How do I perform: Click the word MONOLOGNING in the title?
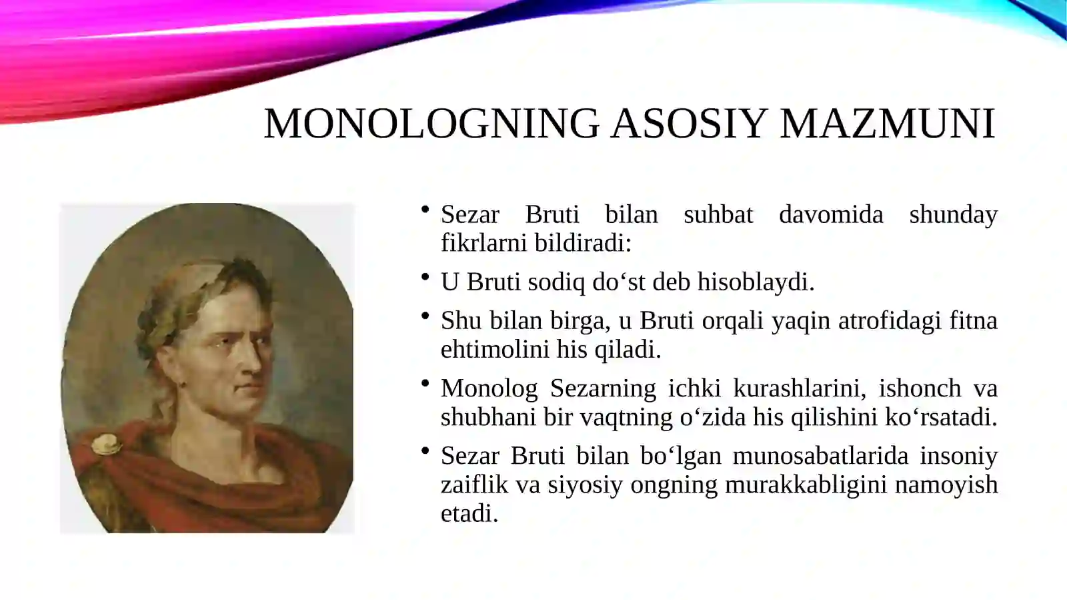pyautogui.click(x=432, y=123)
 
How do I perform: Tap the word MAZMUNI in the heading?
pyautogui.click(x=887, y=123)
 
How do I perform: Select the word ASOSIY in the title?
pyautogui.click(x=689, y=123)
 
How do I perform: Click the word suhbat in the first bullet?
pyautogui.click(x=718, y=215)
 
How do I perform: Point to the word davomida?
pyautogui.click(x=831, y=215)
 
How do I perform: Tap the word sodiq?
pyautogui.click(x=556, y=282)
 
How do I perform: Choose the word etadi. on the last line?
pyautogui.click(x=469, y=513)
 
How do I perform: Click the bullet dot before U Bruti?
pyautogui.click(x=425, y=277)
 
